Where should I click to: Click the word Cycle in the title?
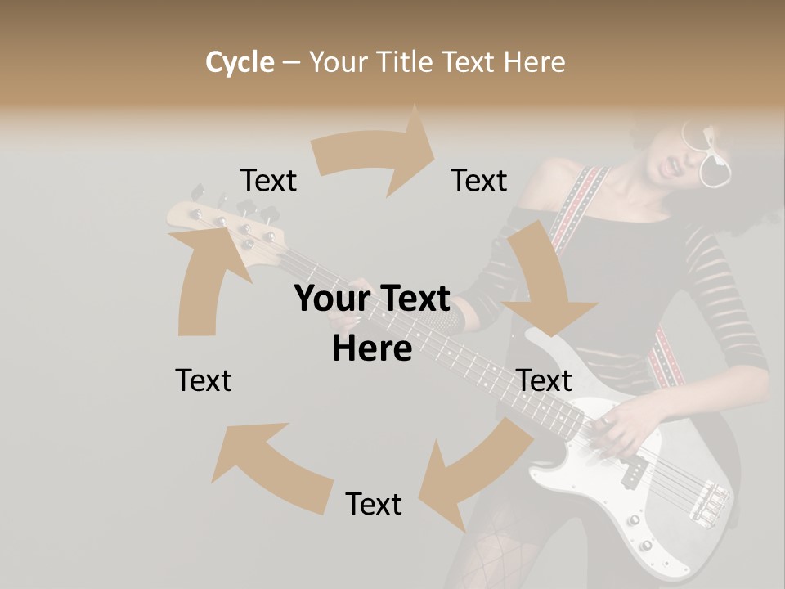(x=240, y=62)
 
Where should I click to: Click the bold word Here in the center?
(x=372, y=348)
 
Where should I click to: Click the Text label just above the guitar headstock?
(x=268, y=181)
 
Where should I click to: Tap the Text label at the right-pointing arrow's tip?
(x=479, y=181)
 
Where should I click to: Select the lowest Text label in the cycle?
(x=374, y=504)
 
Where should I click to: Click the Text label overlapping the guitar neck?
(x=545, y=380)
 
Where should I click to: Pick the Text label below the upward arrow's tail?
(x=204, y=380)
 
